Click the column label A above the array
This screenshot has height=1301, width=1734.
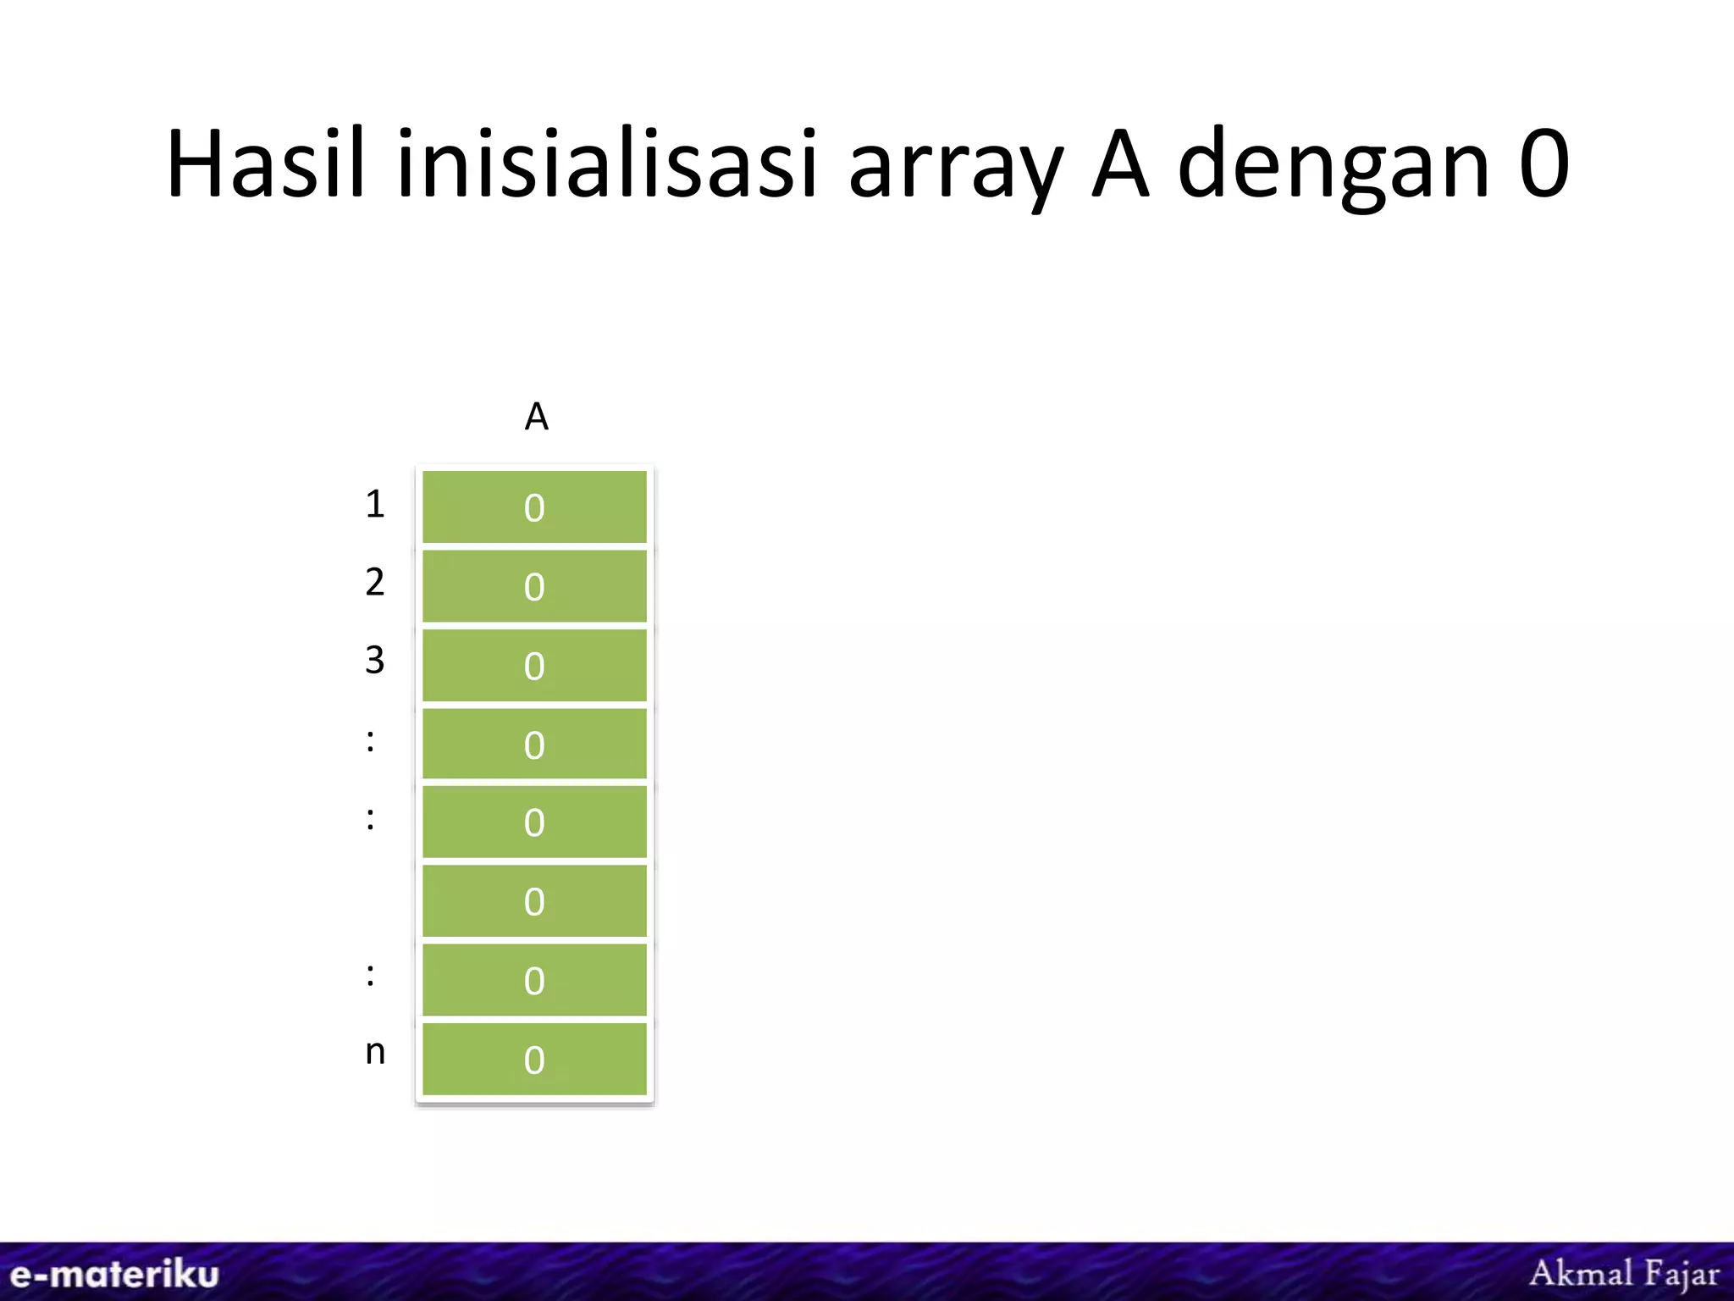pos(536,417)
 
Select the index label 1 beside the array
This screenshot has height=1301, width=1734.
pos(375,504)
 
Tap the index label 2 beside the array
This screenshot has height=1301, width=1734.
pos(375,582)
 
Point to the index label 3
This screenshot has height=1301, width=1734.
pos(375,660)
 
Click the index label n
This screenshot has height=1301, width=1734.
pos(375,1053)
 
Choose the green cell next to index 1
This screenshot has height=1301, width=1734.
pos(534,507)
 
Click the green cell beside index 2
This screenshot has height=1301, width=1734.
pos(534,586)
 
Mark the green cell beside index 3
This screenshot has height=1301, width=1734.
pos(534,665)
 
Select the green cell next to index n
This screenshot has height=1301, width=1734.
pos(534,1059)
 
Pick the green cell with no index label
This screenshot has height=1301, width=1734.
pos(534,901)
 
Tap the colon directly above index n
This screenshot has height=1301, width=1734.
pos(370,975)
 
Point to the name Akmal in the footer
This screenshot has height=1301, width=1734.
pos(1581,1273)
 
